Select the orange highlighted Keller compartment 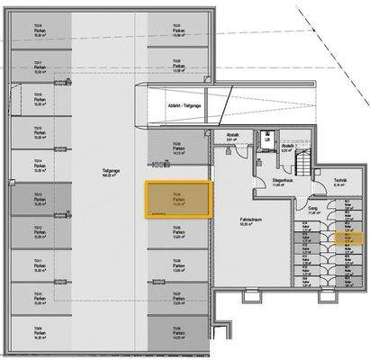coord(346,239)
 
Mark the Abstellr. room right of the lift coord(288,147)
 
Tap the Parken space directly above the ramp coord(177,67)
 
